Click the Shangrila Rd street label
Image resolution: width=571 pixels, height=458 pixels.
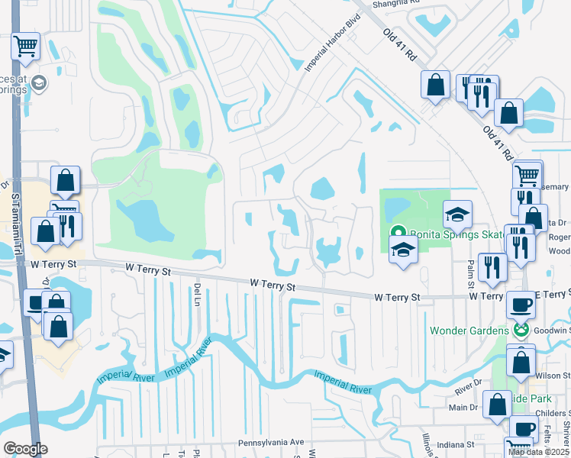point(397,3)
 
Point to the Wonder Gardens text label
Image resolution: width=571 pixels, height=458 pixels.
point(468,331)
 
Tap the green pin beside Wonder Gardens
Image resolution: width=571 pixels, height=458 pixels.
point(522,331)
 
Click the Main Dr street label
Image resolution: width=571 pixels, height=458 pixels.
point(463,407)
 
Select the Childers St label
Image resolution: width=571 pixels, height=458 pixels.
point(553,413)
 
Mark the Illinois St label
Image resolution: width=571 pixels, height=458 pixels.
point(427,445)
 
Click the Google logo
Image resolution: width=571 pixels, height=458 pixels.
point(25,449)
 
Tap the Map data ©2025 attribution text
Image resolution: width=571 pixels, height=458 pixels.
point(538,452)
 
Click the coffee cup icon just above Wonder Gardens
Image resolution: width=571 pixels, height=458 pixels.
point(521,305)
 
